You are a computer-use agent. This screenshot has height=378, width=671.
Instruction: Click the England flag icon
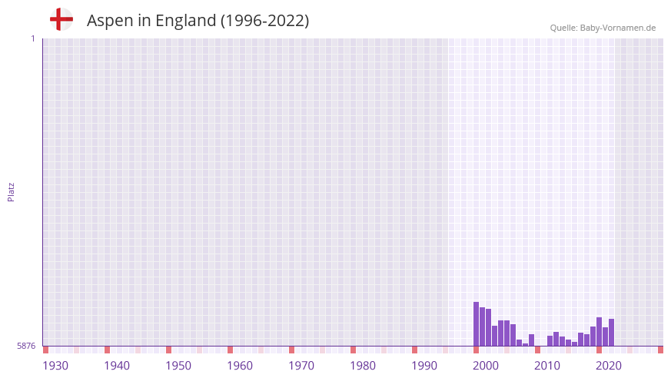tap(61, 19)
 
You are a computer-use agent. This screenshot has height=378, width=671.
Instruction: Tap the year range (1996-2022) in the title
tap(264, 21)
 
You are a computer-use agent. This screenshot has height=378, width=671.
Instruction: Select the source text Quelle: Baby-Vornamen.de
tap(603, 28)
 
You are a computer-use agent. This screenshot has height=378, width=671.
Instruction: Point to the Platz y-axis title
tap(11, 191)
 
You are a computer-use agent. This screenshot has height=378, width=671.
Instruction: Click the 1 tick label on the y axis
tap(32, 38)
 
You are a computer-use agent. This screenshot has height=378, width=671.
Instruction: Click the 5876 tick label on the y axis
tap(26, 346)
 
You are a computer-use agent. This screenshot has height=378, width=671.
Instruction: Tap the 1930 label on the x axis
tap(55, 366)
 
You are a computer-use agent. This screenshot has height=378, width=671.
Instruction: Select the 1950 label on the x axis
tap(178, 366)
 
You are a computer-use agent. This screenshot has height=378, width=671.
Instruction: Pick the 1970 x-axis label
tap(301, 366)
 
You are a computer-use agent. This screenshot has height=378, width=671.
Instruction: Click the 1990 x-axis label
tap(424, 366)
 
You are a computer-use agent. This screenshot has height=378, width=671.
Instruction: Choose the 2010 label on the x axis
tap(547, 366)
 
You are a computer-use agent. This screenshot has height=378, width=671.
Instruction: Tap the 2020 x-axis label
tap(609, 366)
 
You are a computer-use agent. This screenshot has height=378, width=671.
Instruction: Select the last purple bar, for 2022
tap(611, 333)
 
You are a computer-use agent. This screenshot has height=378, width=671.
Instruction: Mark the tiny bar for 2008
tap(525, 344)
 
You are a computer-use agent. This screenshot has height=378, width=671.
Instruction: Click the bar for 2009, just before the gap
tap(531, 340)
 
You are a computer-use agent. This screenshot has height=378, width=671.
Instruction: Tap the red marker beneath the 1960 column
tap(230, 350)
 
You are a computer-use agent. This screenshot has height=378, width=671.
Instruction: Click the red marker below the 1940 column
tap(107, 350)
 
